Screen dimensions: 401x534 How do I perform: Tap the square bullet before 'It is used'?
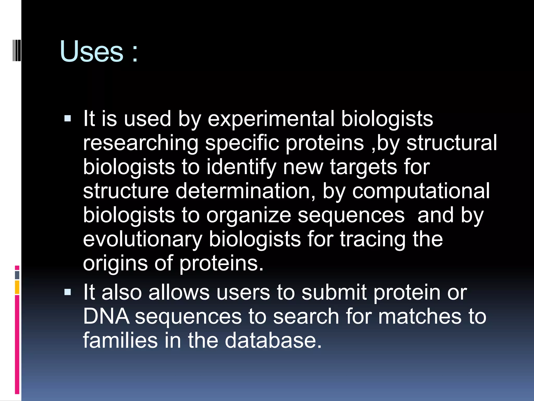coord(68,119)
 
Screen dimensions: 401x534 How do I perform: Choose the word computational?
coord(421,191)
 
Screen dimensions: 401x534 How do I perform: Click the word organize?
coord(248,216)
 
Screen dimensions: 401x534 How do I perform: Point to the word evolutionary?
coord(143,239)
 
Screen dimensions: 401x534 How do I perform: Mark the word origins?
coord(115,264)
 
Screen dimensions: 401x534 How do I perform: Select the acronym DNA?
coord(106,316)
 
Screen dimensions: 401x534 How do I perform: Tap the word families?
coord(120,340)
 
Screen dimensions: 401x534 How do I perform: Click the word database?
coord(273,340)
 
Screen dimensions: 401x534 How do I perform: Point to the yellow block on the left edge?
coord(17,287)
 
